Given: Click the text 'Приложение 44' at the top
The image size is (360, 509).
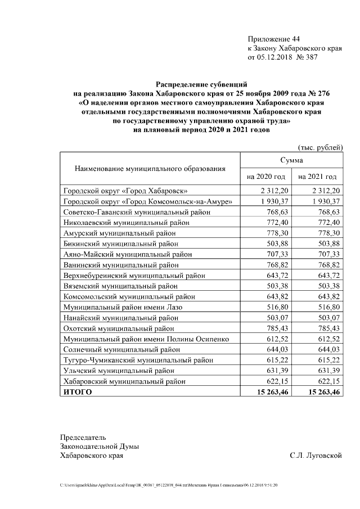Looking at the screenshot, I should [274, 39].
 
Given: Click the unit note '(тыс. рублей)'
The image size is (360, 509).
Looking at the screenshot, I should [320, 147].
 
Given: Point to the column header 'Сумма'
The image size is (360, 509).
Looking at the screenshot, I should [291, 161].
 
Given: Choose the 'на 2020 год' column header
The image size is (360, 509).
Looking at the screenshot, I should [265, 177].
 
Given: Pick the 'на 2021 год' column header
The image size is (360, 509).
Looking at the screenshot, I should [317, 177].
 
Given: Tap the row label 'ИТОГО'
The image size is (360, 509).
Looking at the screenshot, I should [76, 391].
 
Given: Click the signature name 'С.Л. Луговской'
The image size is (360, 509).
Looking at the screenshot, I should [316, 455].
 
